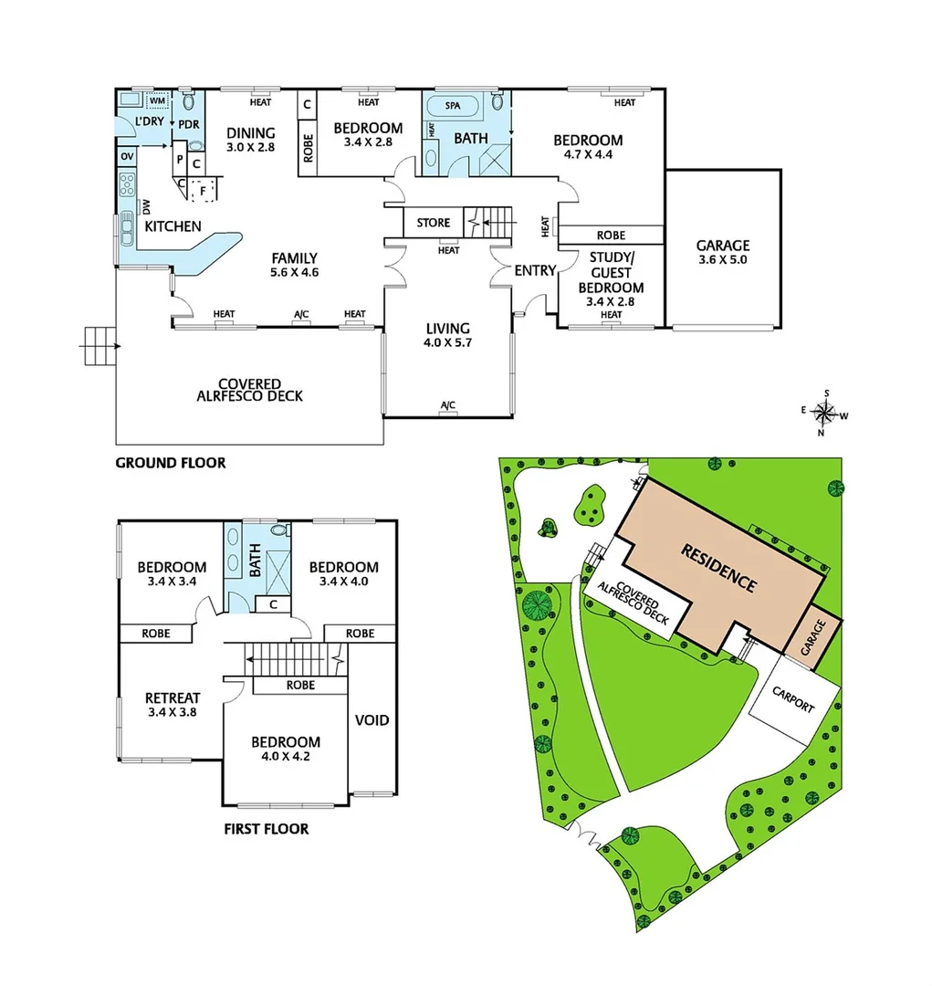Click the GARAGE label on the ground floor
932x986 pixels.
click(722, 245)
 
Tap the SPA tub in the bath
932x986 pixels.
click(454, 106)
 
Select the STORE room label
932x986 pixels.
click(434, 223)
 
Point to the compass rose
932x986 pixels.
click(824, 412)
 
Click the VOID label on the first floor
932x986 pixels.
click(372, 720)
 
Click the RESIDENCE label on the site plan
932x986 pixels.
click(719, 567)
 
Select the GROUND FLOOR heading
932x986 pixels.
click(170, 463)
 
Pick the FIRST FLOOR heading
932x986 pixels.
click(266, 829)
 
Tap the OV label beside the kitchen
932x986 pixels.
click(126, 157)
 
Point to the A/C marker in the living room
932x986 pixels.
click(447, 405)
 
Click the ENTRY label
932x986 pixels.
click(534, 270)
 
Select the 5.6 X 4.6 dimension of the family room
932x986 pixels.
click(294, 272)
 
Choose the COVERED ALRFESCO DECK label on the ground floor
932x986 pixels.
click(249, 390)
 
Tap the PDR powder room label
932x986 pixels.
click(189, 124)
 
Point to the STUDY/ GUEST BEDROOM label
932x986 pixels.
click(611, 273)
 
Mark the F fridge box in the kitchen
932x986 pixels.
click(204, 192)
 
